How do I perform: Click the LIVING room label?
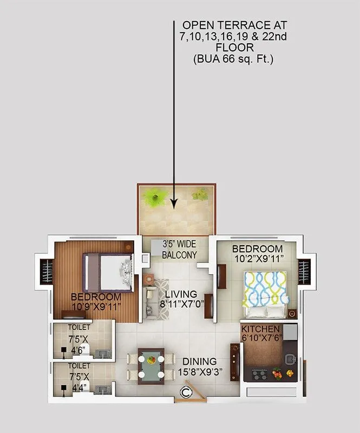181,294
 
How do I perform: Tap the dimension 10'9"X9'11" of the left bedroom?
96,307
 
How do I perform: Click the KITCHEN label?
260,329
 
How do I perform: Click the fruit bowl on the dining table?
151,359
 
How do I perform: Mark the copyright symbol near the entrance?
186,392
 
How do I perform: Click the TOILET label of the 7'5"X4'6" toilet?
79,327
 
